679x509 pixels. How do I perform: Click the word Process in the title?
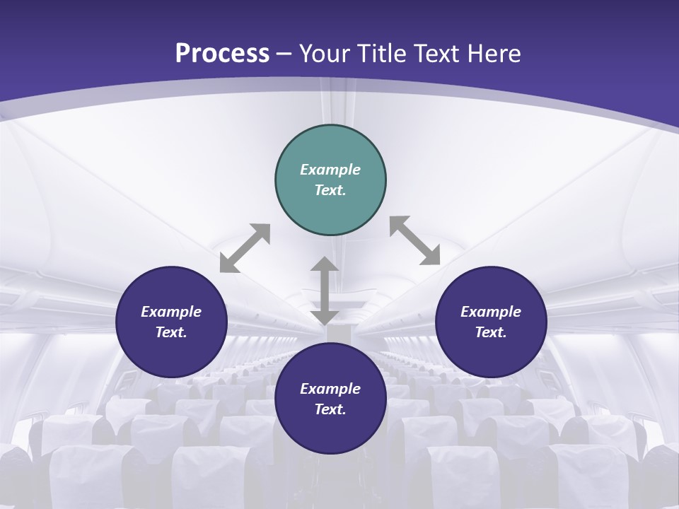[222, 54]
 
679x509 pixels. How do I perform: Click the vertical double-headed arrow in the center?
[325, 291]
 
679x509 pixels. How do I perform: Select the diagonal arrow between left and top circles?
[245, 248]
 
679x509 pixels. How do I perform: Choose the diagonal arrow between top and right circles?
[415, 240]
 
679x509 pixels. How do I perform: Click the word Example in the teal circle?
[330, 170]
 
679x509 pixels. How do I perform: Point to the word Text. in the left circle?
[171, 332]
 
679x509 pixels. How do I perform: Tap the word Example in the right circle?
[491, 312]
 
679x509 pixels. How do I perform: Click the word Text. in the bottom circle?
[330, 409]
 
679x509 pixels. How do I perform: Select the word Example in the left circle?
[171, 312]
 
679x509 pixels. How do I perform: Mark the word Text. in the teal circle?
[330, 190]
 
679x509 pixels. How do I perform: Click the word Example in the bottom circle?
[330, 389]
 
